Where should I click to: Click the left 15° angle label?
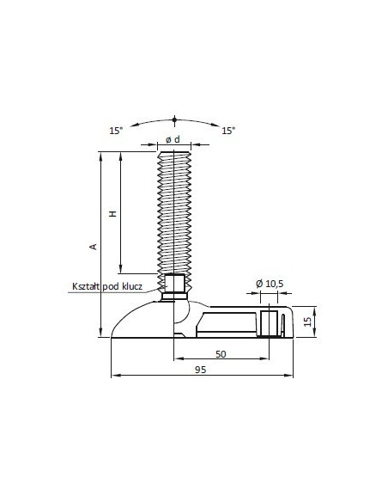pos(116,131)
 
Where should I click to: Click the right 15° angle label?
pos(228,131)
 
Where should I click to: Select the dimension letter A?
pos(94,247)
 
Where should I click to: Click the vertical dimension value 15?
pos(307,322)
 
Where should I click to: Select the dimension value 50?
pos(221,354)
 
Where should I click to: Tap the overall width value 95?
pos(200,370)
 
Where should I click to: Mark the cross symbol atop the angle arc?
pos(174,117)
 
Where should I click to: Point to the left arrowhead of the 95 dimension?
pos(114,376)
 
